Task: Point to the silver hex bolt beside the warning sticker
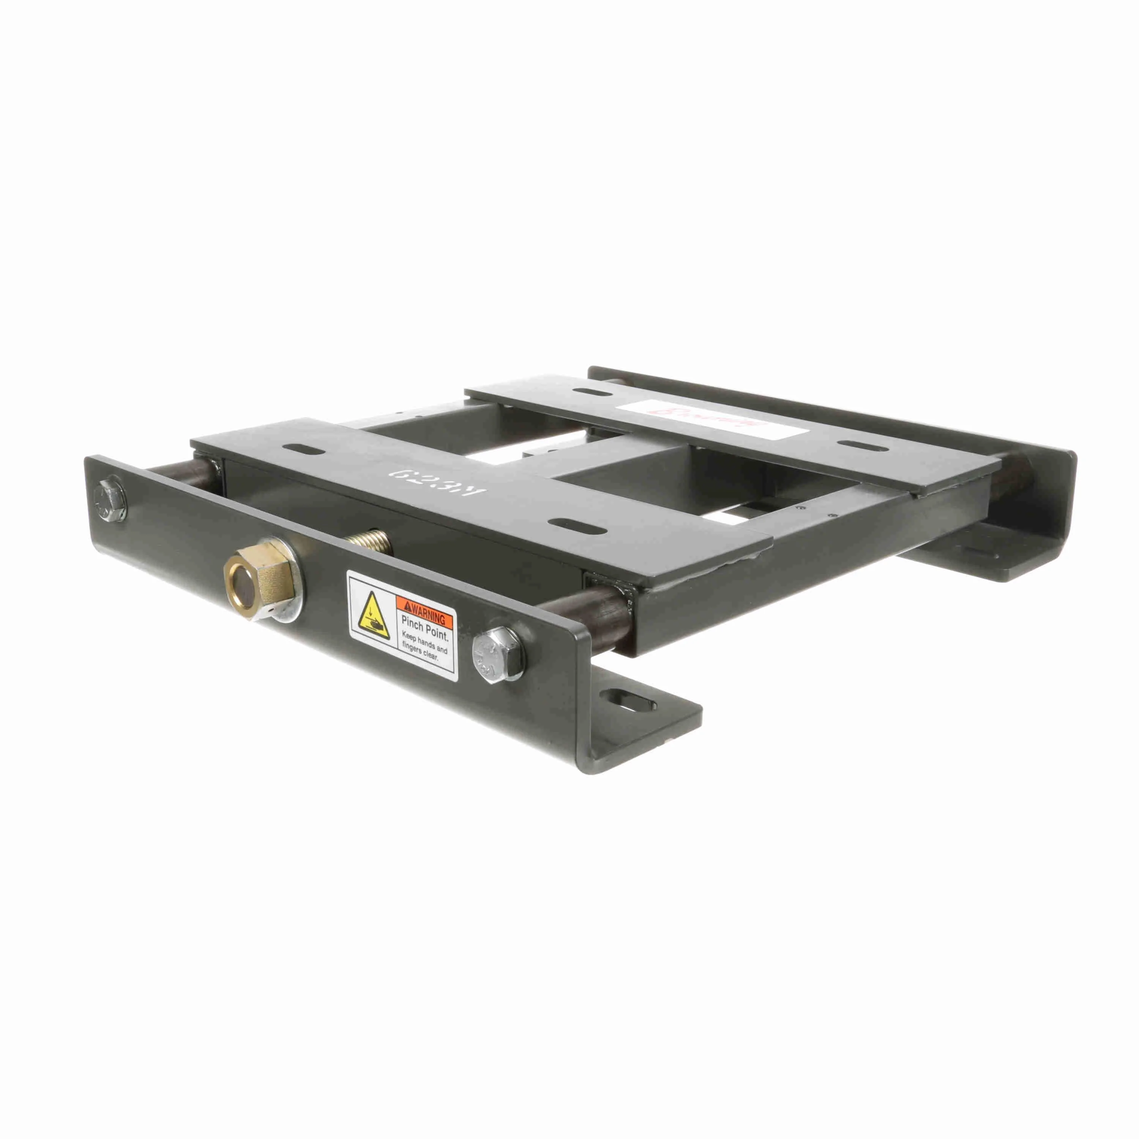497,655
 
